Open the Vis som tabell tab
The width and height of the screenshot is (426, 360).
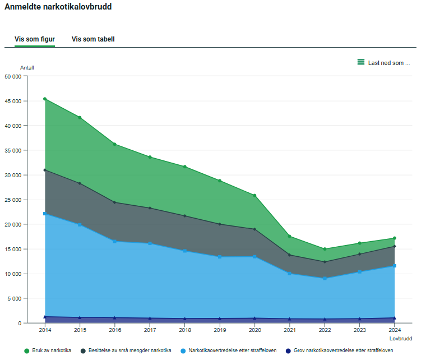point(93,39)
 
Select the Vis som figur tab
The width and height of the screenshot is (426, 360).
point(34,39)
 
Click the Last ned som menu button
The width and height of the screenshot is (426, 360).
point(384,63)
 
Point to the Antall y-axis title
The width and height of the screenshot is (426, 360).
point(27,68)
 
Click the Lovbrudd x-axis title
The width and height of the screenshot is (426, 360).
point(401,339)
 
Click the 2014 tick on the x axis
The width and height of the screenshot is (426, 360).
point(45,330)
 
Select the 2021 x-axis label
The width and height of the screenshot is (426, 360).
point(290,330)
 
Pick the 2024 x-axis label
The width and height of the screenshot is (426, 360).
point(395,330)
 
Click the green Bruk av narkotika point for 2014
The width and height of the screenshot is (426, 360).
point(45,99)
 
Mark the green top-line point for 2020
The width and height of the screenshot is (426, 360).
point(254,196)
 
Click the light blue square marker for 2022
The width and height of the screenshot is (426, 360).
point(325,278)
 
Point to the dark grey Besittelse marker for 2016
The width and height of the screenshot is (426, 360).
point(115,202)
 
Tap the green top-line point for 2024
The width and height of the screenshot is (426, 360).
point(395,238)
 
